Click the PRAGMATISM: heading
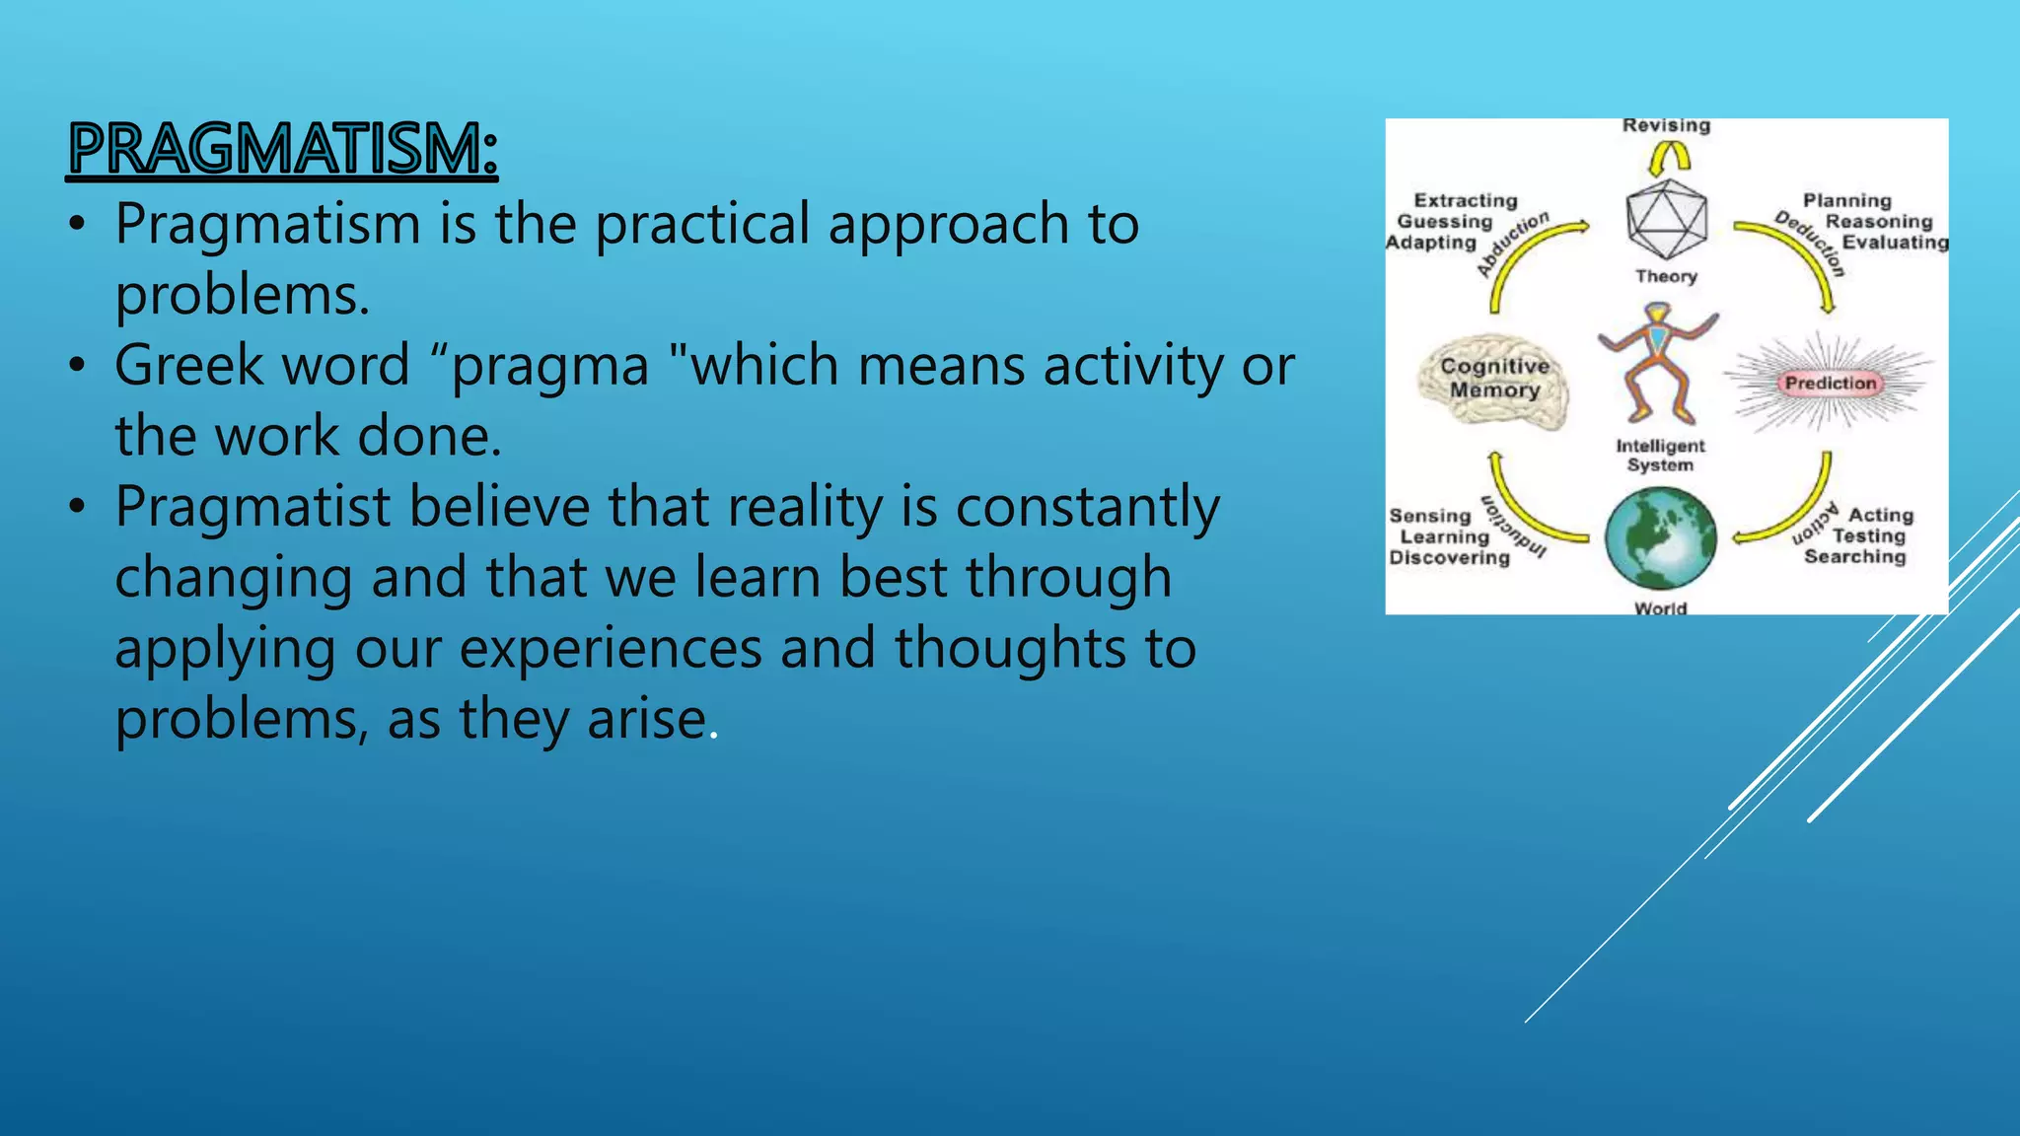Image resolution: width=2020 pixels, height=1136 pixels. [283, 150]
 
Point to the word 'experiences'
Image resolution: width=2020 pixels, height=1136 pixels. [611, 649]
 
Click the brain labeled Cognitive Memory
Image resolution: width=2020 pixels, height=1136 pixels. [1493, 381]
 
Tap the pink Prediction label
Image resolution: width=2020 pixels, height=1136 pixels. [1831, 384]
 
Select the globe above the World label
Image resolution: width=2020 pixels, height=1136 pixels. [1661, 539]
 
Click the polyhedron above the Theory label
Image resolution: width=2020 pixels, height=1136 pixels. [1666, 220]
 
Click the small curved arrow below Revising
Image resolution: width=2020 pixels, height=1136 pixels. [1669, 157]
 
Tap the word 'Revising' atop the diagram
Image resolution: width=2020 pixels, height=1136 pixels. [1666, 126]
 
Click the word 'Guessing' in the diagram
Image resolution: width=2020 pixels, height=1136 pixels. [1444, 222]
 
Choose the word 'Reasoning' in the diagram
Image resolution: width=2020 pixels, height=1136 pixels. [1878, 222]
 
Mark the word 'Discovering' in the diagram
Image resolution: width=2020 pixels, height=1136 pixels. [1449, 558]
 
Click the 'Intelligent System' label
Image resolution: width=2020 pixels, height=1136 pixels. [1660, 456]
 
